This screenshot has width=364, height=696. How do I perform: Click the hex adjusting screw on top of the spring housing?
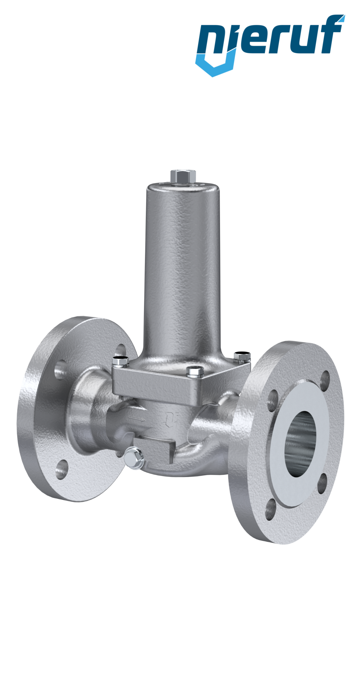(183, 176)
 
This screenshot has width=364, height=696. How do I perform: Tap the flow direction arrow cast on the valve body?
(136, 419)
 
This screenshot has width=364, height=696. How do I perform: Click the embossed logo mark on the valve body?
(171, 419)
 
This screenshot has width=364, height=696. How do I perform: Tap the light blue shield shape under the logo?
(215, 65)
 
